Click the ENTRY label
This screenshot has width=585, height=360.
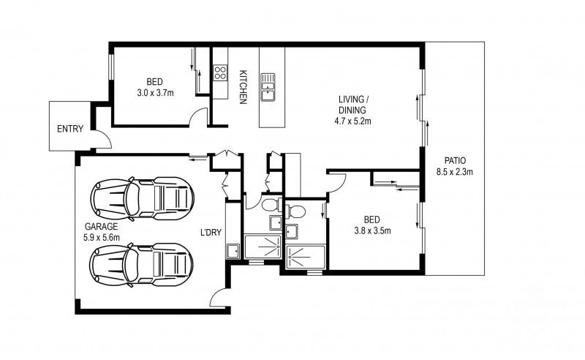pyautogui.click(x=70, y=130)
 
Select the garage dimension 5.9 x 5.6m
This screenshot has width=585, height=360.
pyautogui.click(x=101, y=237)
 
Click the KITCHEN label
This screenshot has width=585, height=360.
pyautogui.click(x=244, y=86)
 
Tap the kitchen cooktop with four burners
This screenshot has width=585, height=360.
pyautogui.click(x=219, y=72)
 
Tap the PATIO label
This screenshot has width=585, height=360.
pyautogui.click(x=454, y=162)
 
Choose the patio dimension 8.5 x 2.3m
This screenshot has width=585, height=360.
pyautogui.click(x=454, y=173)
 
